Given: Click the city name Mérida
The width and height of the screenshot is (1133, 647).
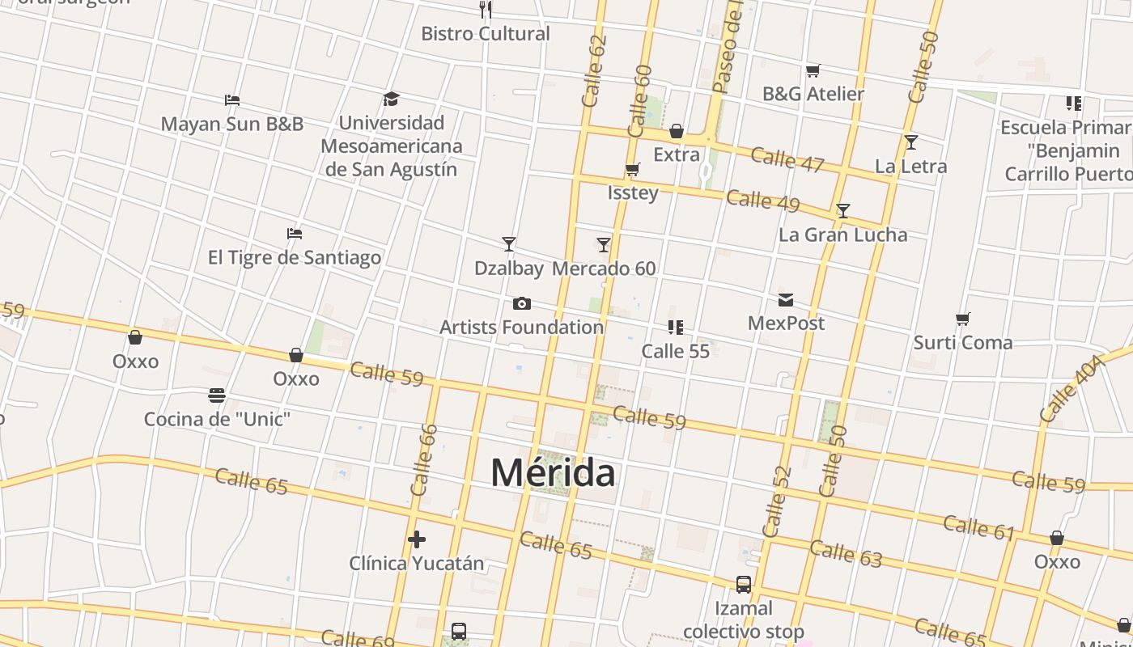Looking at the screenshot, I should [553, 472].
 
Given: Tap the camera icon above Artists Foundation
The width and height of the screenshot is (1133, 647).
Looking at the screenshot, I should [522, 304].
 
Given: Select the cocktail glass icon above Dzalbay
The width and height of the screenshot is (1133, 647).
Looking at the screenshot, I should [509, 243].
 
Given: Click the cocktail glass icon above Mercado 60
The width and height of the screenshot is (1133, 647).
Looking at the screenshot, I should [604, 244].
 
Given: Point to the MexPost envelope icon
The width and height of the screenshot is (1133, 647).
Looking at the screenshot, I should [786, 300].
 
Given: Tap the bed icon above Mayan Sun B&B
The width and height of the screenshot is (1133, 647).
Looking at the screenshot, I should [232, 100].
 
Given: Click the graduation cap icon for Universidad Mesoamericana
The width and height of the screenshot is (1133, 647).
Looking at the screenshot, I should [392, 99].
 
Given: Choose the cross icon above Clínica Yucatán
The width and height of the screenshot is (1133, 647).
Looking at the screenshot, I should [417, 539].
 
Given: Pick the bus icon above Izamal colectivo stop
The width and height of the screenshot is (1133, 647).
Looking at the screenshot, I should [743, 584].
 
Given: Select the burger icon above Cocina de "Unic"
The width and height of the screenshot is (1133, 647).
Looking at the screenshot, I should [217, 395].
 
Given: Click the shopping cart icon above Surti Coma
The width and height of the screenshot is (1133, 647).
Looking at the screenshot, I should [962, 319].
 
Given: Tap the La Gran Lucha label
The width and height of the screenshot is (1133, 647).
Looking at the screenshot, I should [842, 235].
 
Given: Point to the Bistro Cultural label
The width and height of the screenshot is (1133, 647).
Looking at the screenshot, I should [486, 34].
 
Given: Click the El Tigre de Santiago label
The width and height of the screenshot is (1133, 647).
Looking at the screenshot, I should [295, 257].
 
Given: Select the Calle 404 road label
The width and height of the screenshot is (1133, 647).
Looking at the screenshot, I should [1071, 388].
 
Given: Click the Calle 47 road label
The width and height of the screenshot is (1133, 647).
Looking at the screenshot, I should [787, 159].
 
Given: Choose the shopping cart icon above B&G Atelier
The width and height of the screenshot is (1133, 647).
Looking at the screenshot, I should [813, 71].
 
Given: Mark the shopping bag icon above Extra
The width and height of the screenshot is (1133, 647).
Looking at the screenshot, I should [677, 131].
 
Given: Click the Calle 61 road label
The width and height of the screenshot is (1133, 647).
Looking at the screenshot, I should [978, 527].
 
